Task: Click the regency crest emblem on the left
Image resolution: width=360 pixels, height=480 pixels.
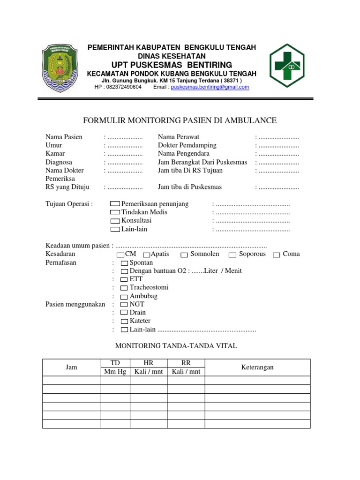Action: [61, 68]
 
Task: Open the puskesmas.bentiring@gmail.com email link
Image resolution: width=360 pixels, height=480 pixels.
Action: [210, 87]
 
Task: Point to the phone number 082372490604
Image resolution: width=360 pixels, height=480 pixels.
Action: [124, 87]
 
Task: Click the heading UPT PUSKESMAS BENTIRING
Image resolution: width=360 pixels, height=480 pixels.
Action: [172, 65]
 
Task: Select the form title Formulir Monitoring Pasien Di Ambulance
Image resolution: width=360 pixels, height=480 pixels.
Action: [180, 121]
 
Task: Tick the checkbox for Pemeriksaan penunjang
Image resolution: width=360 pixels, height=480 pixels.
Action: [115, 204]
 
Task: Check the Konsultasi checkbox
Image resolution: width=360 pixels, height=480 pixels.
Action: [115, 221]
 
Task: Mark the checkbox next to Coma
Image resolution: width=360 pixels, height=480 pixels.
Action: [277, 255]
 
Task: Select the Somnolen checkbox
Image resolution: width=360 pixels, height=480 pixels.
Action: [184, 255]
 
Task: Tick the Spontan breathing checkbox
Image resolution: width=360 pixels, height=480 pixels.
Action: [124, 263]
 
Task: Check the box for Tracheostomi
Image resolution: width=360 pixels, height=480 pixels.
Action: [124, 288]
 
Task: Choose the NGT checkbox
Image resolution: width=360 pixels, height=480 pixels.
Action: [124, 305]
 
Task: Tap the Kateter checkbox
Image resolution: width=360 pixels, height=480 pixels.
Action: [124, 322]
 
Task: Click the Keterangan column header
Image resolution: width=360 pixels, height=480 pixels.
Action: [257, 367]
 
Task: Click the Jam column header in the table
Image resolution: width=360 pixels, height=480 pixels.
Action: [71, 367]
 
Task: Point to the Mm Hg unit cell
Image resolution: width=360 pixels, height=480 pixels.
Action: [115, 372]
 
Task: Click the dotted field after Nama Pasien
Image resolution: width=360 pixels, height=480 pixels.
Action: [125, 137]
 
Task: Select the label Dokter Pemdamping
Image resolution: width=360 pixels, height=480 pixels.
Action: [187, 146]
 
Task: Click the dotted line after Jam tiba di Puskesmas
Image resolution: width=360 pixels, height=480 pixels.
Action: [278, 187]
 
